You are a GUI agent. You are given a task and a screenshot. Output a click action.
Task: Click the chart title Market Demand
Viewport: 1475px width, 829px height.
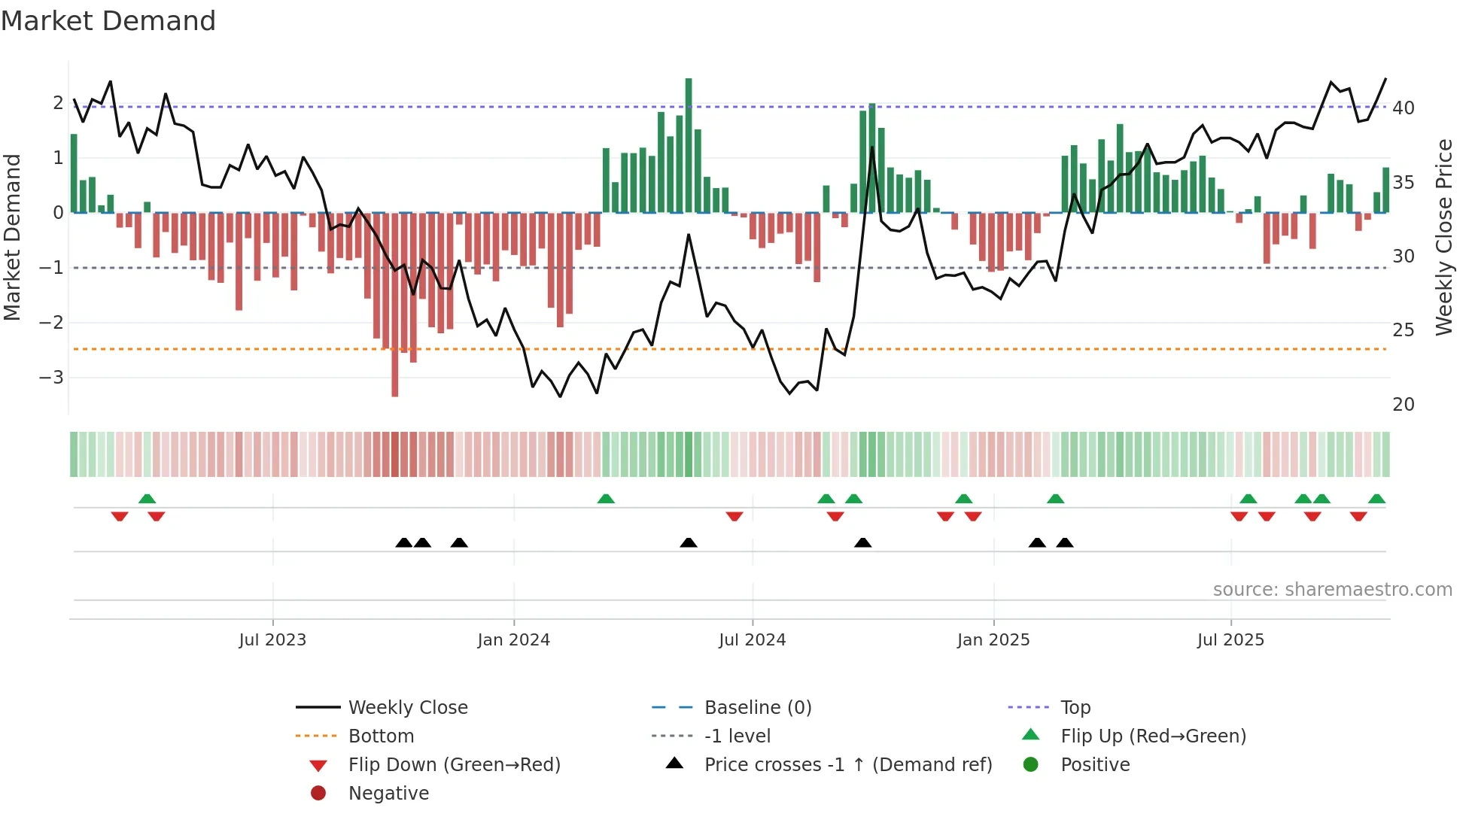coord(108,21)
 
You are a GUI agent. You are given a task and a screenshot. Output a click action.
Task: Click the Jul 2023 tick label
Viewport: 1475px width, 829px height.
coord(272,640)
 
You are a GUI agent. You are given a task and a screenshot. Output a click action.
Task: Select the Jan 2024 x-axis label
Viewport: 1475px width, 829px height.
coord(513,640)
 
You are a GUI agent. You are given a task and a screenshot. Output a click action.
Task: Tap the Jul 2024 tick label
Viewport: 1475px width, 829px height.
coord(752,640)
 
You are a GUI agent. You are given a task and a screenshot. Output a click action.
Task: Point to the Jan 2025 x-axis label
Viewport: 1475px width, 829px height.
coord(993,640)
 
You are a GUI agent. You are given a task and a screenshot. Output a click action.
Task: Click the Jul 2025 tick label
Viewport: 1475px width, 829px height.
coord(1230,640)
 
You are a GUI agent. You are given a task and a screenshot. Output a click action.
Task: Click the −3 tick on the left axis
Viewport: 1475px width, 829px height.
coord(51,377)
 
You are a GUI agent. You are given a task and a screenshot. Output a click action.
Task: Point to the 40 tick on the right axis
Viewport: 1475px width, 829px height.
coord(1403,108)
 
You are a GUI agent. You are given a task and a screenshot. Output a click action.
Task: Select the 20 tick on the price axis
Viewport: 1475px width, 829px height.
coord(1403,405)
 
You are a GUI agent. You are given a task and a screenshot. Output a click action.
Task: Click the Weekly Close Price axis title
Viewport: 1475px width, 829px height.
coord(1443,237)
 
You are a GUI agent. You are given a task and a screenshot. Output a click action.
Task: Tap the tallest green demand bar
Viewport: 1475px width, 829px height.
coord(689,143)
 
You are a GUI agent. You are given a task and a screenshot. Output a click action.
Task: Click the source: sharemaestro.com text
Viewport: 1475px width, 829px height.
coord(1332,590)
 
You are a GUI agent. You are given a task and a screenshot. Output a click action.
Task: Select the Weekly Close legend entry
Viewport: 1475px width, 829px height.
coord(407,708)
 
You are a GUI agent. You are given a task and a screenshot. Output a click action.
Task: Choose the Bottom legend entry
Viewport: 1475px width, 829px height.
coord(381,736)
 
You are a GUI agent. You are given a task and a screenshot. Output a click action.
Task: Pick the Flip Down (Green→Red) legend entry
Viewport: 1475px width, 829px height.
coord(454,765)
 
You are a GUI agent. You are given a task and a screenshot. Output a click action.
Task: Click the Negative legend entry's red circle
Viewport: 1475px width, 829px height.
coord(318,794)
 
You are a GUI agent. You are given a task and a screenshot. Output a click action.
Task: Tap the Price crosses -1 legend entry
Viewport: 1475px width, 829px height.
coord(847,765)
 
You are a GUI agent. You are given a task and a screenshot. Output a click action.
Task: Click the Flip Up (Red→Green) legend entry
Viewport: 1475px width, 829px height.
coord(1153,736)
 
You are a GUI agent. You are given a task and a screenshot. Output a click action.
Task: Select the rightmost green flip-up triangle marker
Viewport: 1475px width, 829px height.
coord(1376,499)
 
